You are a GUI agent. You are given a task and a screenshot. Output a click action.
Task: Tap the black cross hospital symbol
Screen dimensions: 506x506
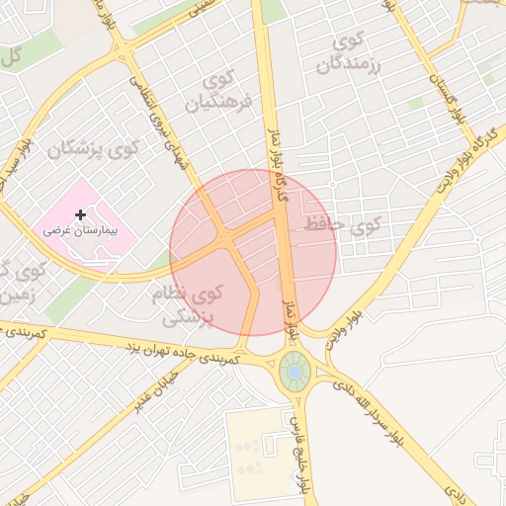(80, 213)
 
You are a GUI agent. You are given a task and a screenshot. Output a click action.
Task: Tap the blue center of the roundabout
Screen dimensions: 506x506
(294, 372)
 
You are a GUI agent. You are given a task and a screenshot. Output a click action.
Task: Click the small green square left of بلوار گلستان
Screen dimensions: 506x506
(417, 103)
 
